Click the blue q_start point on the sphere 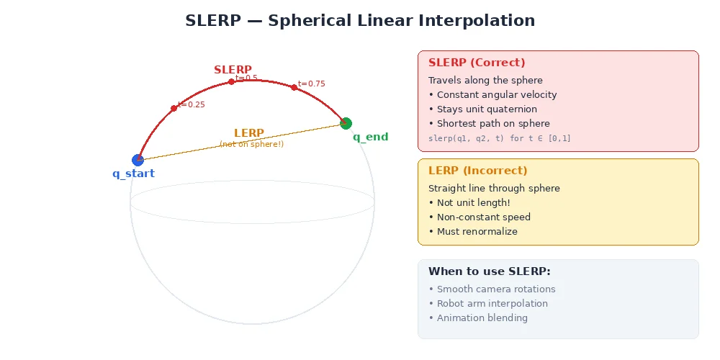pos(138,160)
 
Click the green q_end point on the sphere pos(346,123)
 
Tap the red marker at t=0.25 pos(174,109)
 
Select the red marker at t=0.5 pos(231,82)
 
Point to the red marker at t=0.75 pos(294,87)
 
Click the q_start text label pos(133,174)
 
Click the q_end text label pos(370,137)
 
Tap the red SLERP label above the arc pos(233,70)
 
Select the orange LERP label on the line pos(249,133)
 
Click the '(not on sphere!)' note pos(251,144)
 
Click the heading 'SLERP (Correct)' pos(477,63)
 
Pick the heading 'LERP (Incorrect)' pos(477,171)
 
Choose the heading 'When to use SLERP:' pos(489,271)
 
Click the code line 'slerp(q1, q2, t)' pos(499,138)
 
